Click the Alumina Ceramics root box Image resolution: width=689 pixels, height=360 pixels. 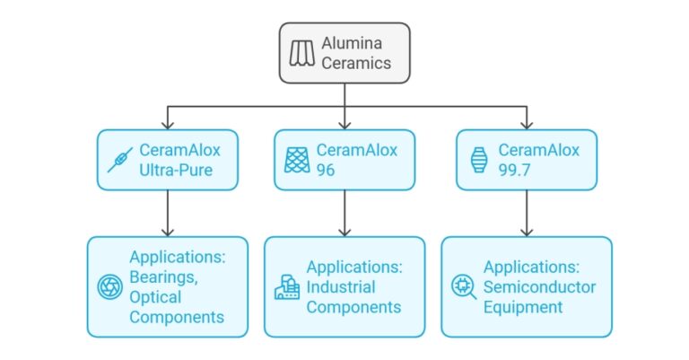coord(344,53)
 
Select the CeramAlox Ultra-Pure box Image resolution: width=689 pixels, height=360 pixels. coord(168,160)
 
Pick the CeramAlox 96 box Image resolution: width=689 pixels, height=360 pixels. coord(344,160)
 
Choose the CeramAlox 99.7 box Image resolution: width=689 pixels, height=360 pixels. coord(526,160)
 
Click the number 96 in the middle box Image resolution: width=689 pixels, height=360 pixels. coord(327,169)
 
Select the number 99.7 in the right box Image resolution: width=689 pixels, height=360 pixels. coord(515,169)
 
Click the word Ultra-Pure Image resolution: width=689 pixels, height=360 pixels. coord(177,169)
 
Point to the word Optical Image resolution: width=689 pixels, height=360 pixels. coord(155,297)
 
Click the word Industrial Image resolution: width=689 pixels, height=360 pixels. coord(341,287)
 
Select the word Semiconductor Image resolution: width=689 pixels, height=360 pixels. coord(540,287)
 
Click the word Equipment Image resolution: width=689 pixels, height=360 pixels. coord(523,307)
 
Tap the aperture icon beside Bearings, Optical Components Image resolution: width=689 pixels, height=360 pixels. coord(109,287)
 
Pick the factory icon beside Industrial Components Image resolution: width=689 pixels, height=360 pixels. coord(285,287)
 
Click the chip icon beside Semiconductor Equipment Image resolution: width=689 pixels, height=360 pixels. coord(463,287)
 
